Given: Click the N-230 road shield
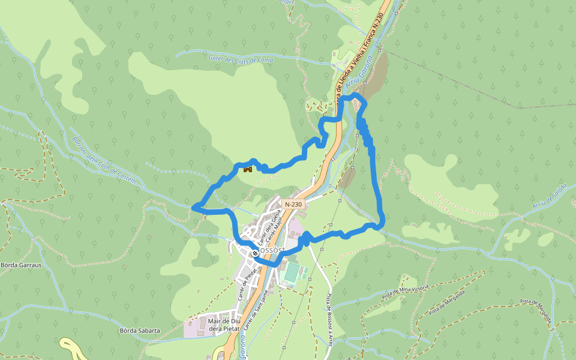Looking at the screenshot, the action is (x=293, y=204).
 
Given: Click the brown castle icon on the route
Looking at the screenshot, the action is (x=247, y=169).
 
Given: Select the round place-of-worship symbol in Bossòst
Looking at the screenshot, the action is (x=254, y=253).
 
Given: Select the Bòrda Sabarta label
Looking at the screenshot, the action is (x=140, y=331).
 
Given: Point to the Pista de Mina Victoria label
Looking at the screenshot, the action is (x=406, y=292).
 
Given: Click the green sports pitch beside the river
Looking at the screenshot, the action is (x=291, y=272).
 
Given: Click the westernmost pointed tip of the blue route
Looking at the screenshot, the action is (x=193, y=208).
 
